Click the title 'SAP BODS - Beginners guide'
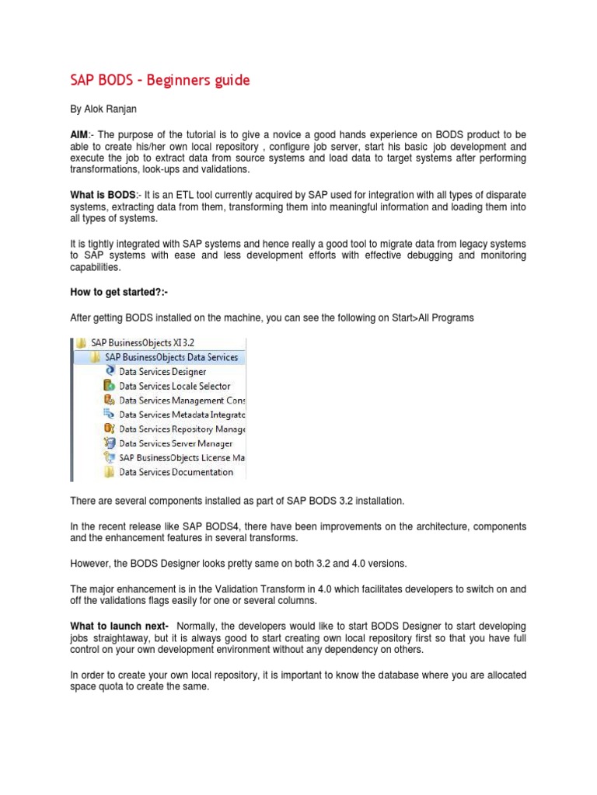click(160, 81)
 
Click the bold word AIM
click(80, 134)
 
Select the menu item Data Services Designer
click(162, 372)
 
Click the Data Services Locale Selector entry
click(174, 386)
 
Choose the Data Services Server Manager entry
click(175, 443)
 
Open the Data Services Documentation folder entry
click(176, 472)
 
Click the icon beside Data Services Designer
click(110, 372)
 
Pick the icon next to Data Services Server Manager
click(110, 443)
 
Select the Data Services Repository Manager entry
click(182, 429)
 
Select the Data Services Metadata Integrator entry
click(182, 415)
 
